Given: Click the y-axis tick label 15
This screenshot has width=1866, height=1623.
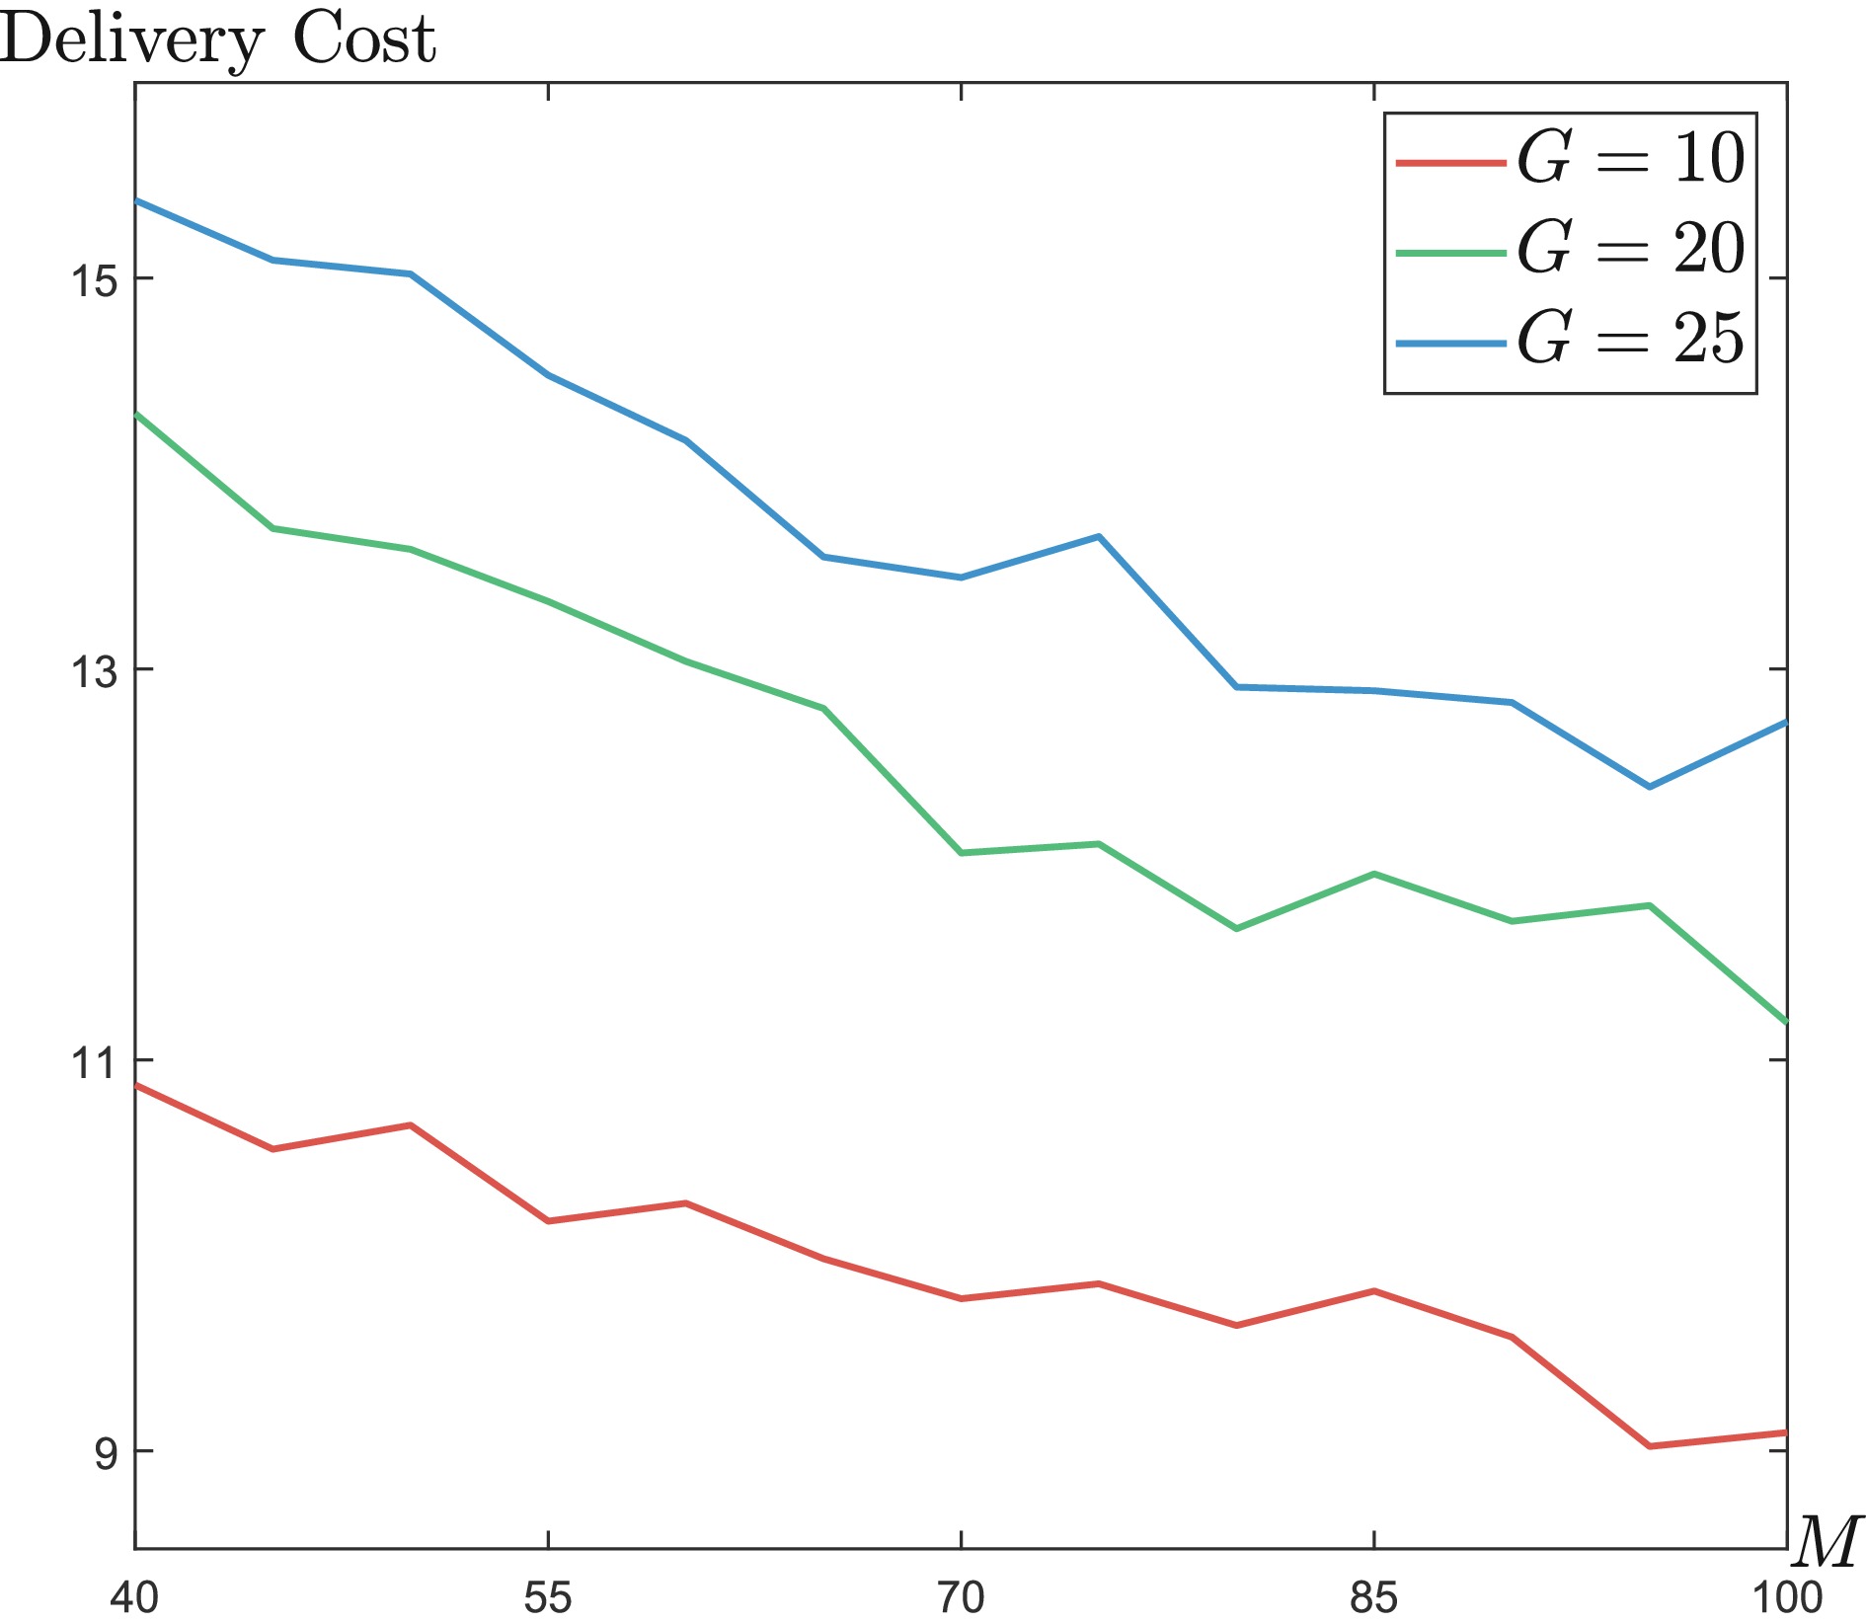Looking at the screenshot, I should [92, 280].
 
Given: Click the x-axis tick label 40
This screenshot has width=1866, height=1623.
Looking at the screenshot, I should [134, 1597].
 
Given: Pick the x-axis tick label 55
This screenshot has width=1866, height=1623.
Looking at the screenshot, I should [548, 1597].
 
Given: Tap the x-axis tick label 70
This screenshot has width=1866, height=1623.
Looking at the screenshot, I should [961, 1597].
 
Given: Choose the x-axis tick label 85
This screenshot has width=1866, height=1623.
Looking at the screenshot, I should [1373, 1597].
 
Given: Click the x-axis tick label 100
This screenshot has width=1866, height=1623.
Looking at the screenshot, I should [1787, 1597].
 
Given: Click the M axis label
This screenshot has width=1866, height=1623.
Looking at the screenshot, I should [1827, 1543].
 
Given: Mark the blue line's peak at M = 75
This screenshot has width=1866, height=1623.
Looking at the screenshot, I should [1099, 536].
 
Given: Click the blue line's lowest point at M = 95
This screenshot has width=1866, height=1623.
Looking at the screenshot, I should [1650, 787].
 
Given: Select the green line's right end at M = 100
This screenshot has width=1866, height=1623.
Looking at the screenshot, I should [1785, 1021].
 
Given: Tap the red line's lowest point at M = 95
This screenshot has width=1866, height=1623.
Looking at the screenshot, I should [1650, 1446].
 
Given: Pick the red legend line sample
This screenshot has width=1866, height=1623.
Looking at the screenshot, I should [1450, 161].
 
